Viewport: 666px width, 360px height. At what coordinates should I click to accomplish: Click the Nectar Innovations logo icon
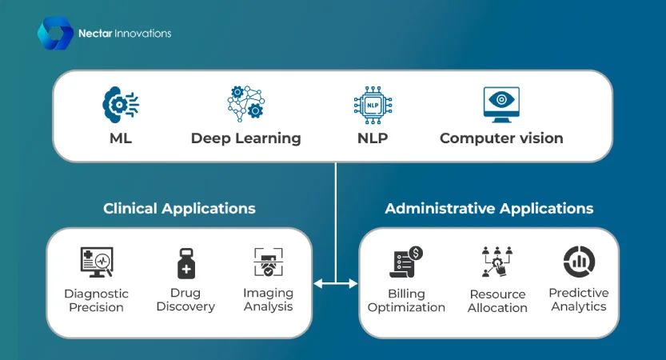(x=54, y=34)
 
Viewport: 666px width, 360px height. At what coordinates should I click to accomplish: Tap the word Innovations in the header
(x=143, y=34)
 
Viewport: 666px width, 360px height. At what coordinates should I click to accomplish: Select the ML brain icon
(x=121, y=105)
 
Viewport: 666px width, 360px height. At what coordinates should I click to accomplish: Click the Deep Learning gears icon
(x=245, y=104)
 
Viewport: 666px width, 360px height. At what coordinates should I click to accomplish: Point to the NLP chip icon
(x=372, y=105)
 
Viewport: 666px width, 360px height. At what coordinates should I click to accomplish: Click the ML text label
(x=121, y=138)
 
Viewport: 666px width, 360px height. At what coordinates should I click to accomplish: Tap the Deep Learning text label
(x=245, y=138)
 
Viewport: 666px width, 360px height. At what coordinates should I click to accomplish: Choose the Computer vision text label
(x=501, y=138)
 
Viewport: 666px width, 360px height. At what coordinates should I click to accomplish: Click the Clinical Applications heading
(x=179, y=209)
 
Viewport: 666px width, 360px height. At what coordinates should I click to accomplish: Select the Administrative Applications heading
(x=489, y=209)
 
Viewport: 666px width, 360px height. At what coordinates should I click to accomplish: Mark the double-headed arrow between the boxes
(x=336, y=282)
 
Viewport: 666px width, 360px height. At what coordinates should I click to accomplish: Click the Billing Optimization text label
(x=406, y=301)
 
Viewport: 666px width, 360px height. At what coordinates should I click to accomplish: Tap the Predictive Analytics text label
(x=579, y=299)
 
